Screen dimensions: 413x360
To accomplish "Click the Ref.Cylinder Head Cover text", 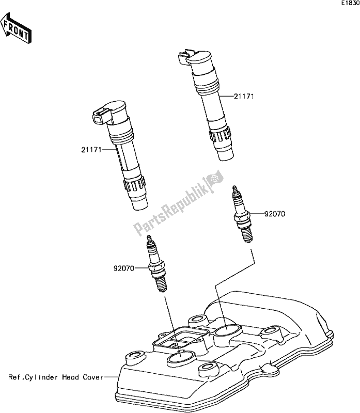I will coord(55,377).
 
